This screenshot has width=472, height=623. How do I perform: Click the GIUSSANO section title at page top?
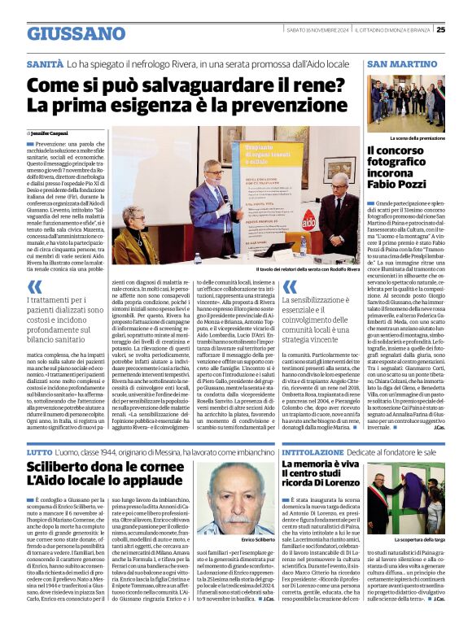coord(76,33)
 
